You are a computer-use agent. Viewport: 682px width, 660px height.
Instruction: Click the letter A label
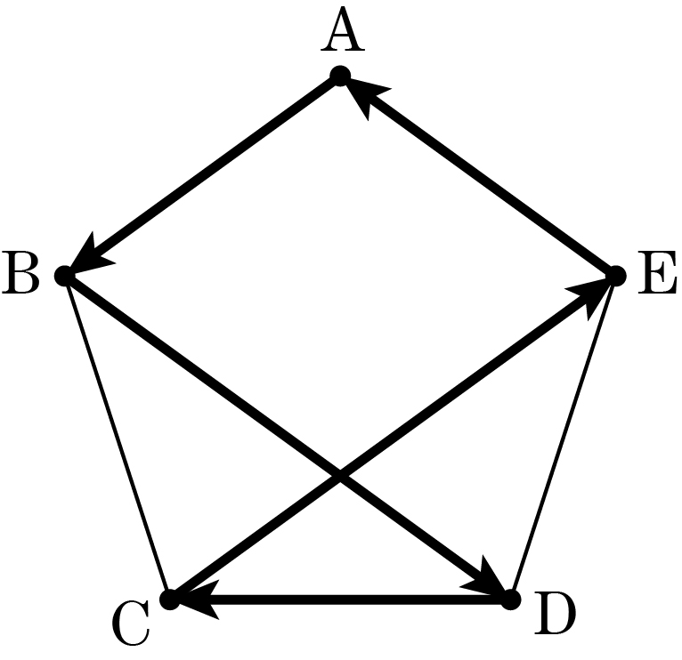(343, 30)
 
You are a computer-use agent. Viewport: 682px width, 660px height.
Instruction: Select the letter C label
(132, 623)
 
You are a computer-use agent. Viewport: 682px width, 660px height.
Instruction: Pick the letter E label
(657, 272)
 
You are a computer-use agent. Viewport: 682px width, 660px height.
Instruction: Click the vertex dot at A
(340, 76)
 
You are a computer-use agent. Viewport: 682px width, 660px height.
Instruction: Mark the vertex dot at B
(65, 276)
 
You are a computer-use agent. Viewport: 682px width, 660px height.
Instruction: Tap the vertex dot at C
(170, 600)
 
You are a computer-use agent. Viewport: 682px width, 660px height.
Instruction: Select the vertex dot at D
(511, 600)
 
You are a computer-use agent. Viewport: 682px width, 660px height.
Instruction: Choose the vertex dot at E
(616, 276)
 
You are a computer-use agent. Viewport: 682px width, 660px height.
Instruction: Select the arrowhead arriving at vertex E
(592, 295)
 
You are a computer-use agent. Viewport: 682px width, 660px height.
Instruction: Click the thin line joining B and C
(118, 438)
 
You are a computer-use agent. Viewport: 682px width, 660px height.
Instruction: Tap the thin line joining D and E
(564, 438)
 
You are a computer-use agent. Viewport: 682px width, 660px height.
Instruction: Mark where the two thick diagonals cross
(340, 476)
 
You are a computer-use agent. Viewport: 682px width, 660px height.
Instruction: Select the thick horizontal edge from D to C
(340, 600)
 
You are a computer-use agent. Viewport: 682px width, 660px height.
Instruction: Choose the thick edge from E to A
(478, 176)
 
